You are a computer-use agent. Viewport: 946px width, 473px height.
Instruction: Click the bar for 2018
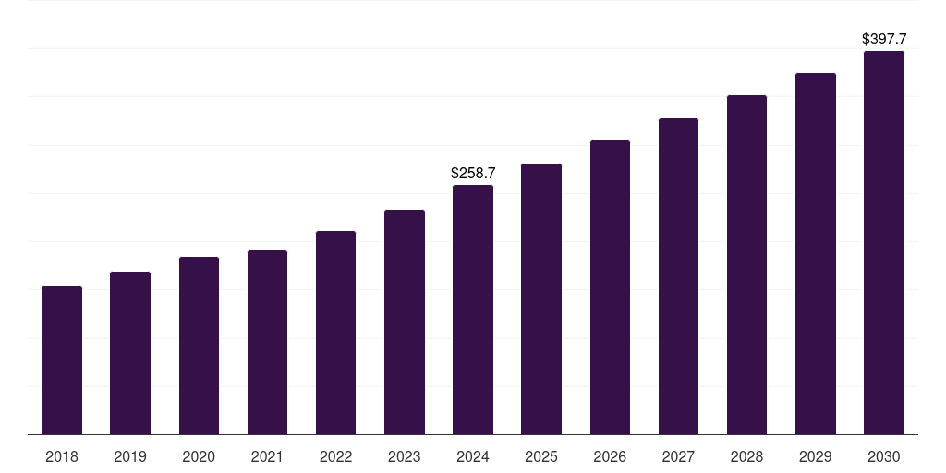pyautogui.click(x=62, y=360)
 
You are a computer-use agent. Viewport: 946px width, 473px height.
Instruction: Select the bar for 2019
pyautogui.click(x=130, y=353)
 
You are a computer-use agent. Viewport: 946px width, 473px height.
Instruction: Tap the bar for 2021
pyautogui.click(x=267, y=342)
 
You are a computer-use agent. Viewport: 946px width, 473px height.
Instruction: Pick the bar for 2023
pyautogui.click(x=405, y=321)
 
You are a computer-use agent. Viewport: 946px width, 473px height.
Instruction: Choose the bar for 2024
pyautogui.click(x=473, y=309)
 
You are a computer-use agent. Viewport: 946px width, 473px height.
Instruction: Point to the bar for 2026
pyautogui.click(x=610, y=287)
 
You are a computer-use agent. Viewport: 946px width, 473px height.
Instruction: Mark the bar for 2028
pyautogui.click(x=746, y=264)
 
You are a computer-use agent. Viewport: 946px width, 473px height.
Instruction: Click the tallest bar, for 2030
pyautogui.click(x=884, y=242)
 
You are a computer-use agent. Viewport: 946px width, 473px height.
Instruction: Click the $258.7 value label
pyautogui.click(x=473, y=173)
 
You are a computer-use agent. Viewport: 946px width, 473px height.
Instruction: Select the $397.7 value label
pyautogui.click(x=884, y=39)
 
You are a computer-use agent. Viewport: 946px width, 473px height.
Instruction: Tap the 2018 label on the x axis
pyautogui.click(x=62, y=456)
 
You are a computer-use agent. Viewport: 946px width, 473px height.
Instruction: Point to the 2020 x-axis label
pyautogui.click(x=199, y=456)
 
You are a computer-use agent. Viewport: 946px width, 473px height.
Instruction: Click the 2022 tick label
pyautogui.click(x=335, y=456)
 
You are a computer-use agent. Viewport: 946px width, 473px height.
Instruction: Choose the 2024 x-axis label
pyautogui.click(x=473, y=456)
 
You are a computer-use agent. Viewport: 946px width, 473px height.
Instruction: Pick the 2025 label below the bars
pyautogui.click(x=541, y=456)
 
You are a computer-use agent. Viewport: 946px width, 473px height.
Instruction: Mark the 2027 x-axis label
pyautogui.click(x=678, y=456)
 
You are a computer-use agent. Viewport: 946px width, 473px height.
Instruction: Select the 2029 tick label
pyautogui.click(x=816, y=456)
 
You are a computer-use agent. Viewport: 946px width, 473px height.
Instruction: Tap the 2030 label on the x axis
pyautogui.click(x=884, y=456)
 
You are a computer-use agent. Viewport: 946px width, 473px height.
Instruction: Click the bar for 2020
pyautogui.click(x=199, y=346)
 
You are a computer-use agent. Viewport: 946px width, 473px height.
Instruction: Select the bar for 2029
pyautogui.click(x=816, y=253)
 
